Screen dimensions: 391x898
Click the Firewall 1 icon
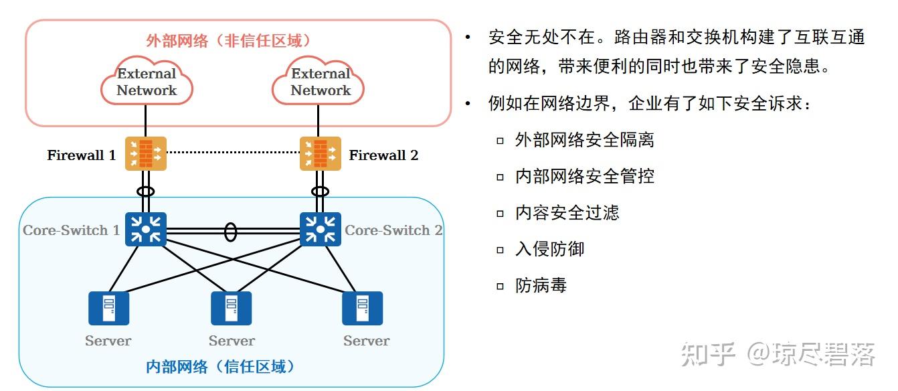[x=145, y=154]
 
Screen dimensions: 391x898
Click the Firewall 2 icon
[x=320, y=154]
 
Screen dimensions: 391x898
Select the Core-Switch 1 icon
[x=145, y=230]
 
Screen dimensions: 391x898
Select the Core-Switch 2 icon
[x=320, y=230]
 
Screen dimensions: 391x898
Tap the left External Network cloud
[x=147, y=82]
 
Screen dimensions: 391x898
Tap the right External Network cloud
[x=320, y=82]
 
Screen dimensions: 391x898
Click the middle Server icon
[x=232, y=308]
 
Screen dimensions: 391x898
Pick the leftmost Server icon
[x=108, y=308]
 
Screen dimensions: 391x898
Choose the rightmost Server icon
[x=362, y=308]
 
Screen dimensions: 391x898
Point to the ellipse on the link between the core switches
[x=230, y=232]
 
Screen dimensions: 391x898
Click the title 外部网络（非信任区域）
[x=229, y=41]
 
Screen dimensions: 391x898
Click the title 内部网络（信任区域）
[x=221, y=367]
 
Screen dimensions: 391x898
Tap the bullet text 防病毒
[x=541, y=285]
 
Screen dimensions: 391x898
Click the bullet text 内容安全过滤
[x=567, y=213]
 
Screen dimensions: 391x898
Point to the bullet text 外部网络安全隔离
[x=584, y=140]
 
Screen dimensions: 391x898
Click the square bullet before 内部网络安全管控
[x=500, y=177]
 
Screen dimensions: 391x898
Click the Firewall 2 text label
[x=383, y=155]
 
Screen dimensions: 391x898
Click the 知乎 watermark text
[x=708, y=354]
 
